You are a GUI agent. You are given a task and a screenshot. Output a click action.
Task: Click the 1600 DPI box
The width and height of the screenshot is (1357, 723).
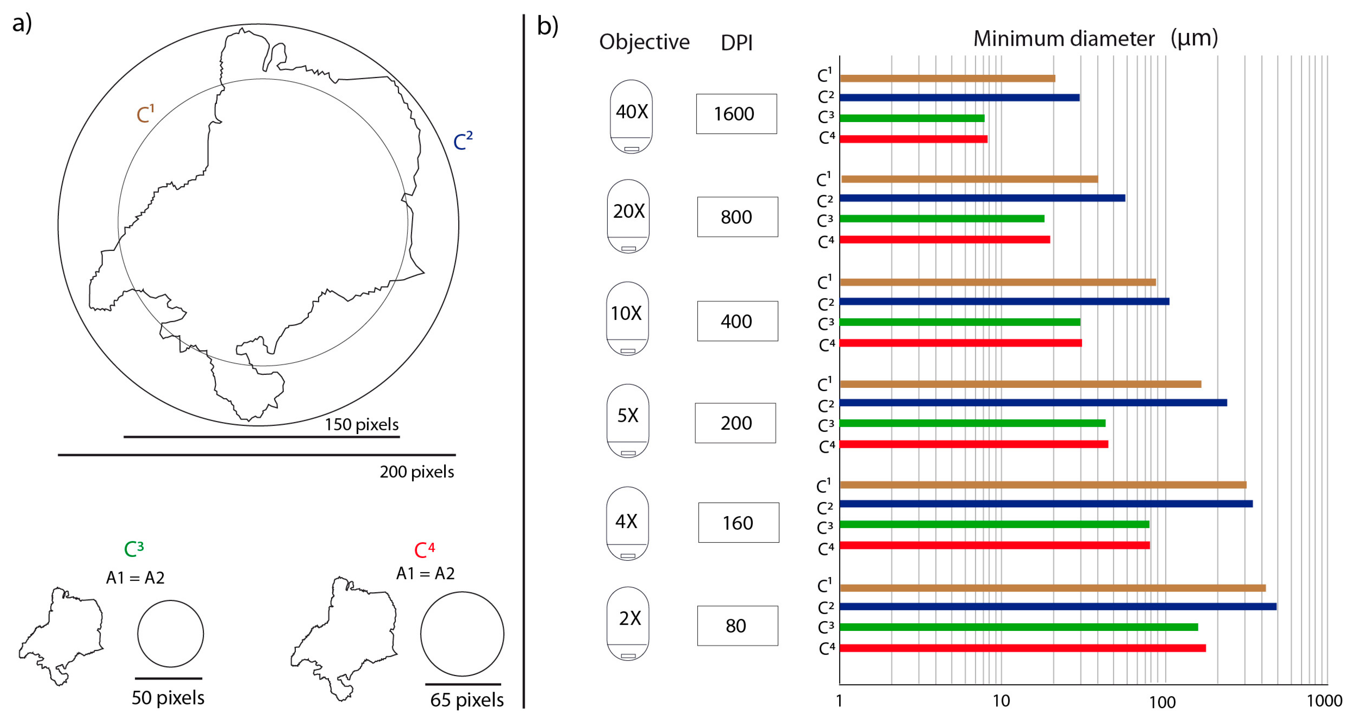pos(736,114)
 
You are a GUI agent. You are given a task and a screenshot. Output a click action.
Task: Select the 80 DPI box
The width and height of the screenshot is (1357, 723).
pos(737,625)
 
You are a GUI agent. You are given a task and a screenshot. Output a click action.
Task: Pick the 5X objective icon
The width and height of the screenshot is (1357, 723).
pos(627,420)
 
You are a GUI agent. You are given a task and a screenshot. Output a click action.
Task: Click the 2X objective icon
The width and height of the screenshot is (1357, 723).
pos(627,623)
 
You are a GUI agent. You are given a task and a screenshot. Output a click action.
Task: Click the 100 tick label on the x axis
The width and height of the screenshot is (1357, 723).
pos(1162,702)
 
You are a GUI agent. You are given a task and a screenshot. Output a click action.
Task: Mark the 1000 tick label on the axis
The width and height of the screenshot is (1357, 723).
pos(1324,701)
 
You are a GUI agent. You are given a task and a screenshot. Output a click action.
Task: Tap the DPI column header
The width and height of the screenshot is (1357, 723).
pos(736,43)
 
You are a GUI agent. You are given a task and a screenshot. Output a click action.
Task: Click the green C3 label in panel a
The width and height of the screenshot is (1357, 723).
pos(134,549)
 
